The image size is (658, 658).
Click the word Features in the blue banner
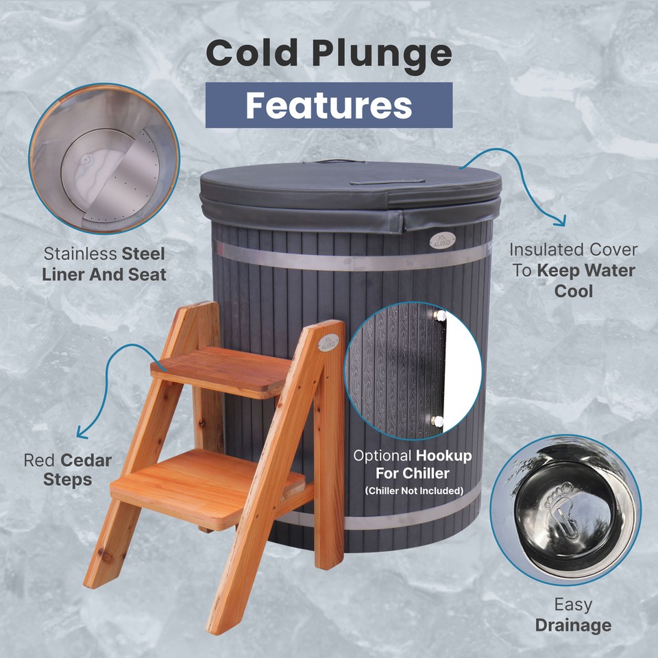(x=329, y=105)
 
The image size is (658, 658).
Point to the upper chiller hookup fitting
(x=439, y=315)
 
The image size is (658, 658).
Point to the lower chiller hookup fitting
(x=437, y=420)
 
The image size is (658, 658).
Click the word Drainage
(x=573, y=624)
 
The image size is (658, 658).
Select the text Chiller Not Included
(x=413, y=490)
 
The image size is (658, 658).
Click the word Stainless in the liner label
(x=80, y=254)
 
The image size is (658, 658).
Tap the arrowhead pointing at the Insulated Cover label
(x=561, y=221)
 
